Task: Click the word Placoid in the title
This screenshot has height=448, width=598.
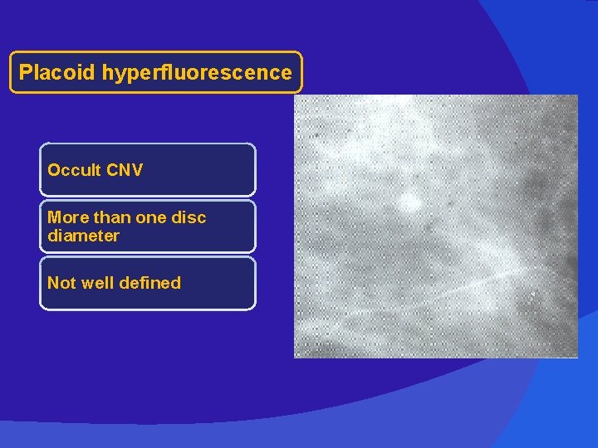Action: pyautogui.click(x=57, y=73)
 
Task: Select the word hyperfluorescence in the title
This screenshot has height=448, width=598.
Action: pyautogui.click(x=197, y=73)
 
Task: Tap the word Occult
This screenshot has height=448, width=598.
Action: pyautogui.click(x=75, y=170)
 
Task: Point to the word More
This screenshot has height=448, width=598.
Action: pyautogui.click(x=66, y=217)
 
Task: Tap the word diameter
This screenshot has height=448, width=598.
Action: pyautogui.click(x=83, y=236)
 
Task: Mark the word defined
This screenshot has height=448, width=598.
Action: pyautogui.click(x=150, y=283)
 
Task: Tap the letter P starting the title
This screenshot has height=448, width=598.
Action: pyautogui.click(x=25, y=73)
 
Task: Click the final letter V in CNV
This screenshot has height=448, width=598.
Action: pyautogui.click(x=137, y=170)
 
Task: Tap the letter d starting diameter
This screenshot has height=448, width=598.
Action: pyautogui.click(x=52, y=236)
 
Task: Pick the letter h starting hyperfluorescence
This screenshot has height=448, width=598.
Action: pyautogui.click(x=108, y=73)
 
